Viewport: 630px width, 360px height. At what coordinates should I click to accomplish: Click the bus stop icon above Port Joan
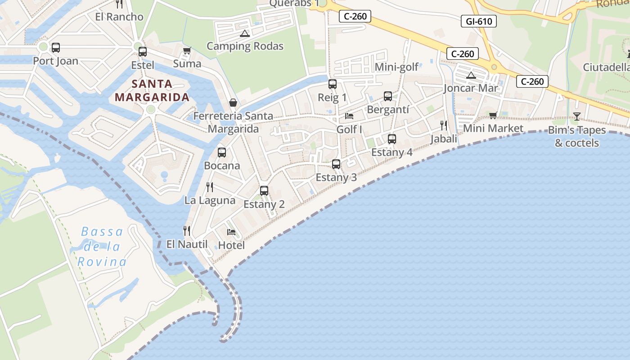click(56, 48)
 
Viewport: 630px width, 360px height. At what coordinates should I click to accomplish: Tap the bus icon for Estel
click(143, 52)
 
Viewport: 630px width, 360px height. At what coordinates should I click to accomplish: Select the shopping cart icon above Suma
click(187, 51)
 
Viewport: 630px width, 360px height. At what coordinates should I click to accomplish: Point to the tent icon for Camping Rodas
click(244, 33)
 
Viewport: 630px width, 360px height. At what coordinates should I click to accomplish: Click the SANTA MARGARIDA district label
click(152, 90)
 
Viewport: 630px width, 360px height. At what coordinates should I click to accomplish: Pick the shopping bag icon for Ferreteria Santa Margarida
click(233, 103)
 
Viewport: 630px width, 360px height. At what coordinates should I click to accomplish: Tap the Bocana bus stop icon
click(222, 153)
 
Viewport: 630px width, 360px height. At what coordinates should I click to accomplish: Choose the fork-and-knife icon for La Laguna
click(210, 187)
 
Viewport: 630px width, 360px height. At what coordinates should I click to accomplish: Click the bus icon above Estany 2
click(264, 191)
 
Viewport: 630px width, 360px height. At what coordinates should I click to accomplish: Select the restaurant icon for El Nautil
click(187, 231)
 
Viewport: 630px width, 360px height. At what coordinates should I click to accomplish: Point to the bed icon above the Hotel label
click(231, 232)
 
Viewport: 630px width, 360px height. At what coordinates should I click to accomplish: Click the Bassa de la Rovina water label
click(102, 247)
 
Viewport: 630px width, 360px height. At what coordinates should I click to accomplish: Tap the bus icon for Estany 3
click(336, 164)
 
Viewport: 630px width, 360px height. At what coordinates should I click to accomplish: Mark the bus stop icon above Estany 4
click(392, 139)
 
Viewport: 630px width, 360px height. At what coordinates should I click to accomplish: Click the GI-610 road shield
click(479, 21)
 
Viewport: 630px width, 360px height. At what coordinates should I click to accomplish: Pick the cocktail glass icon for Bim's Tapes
click(577, 117)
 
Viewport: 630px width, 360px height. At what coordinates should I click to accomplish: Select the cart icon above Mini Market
click(493, 116)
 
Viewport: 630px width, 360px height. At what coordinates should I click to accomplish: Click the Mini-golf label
click(396, 67)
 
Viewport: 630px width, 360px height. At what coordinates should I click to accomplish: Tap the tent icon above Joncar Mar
click(471, 75)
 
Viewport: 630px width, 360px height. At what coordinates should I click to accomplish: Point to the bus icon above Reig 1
click(333, 84)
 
